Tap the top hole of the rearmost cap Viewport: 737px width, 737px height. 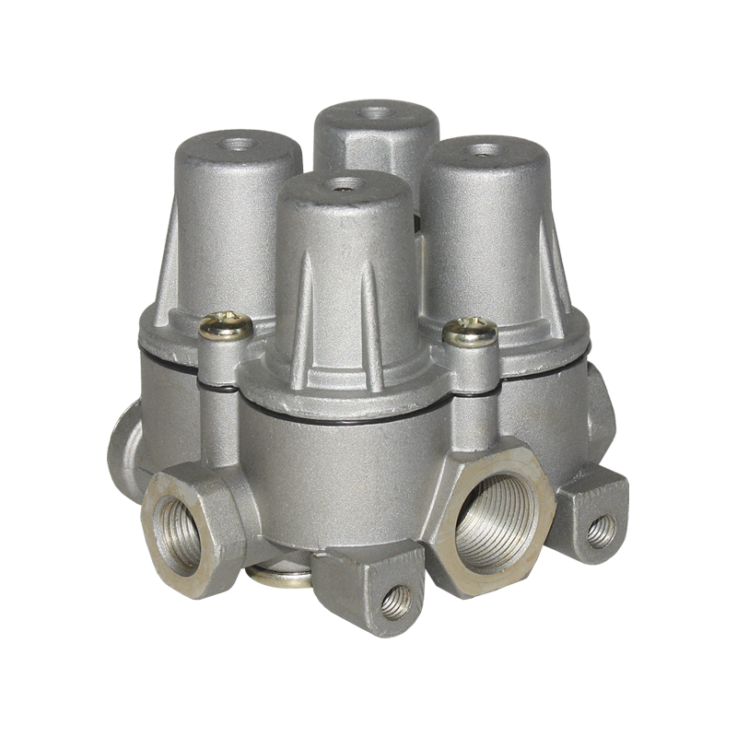pyautogui.click(x=374, y=113)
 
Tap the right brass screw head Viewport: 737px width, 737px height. pyautogui.click(x=470, y=331)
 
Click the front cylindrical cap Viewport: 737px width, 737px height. pyautogui.click(x=345, y=267)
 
